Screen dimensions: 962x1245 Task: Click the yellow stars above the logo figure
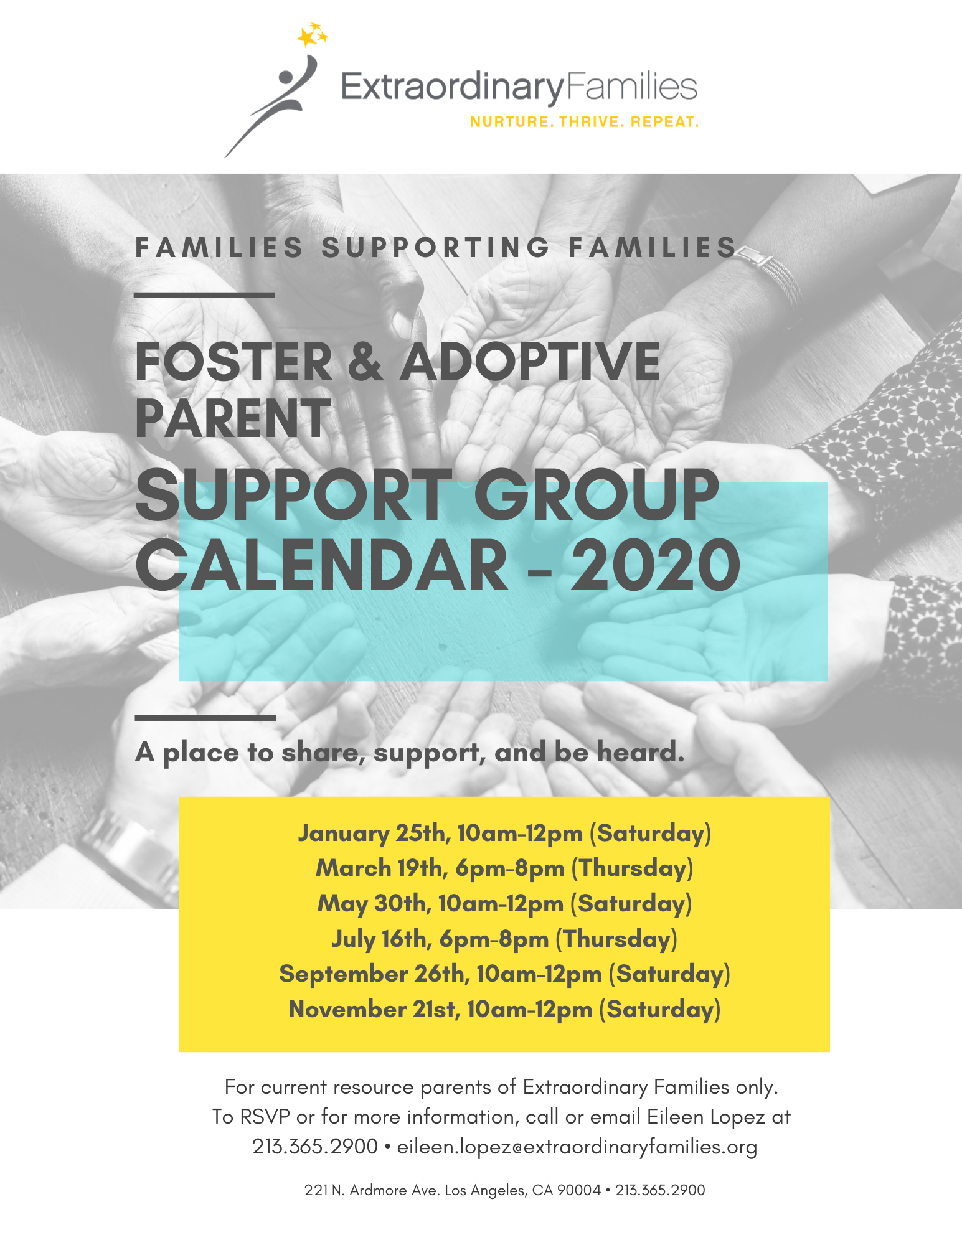(312, 35)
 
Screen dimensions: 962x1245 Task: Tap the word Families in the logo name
(631, 88)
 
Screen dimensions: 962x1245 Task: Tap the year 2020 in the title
(656, 565)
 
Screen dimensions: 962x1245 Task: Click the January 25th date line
(504, 833)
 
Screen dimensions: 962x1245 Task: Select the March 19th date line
(504, 868)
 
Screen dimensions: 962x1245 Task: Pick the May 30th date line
(504, 903)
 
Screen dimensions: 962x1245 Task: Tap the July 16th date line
(504, 939)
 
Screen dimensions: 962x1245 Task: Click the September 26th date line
(504, 974)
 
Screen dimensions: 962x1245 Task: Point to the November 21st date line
(504, 1009)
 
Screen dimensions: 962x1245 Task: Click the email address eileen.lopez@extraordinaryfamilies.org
(577, 1147)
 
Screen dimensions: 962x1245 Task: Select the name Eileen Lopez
(705, 1117)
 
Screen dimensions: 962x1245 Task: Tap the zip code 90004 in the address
(578, 1190)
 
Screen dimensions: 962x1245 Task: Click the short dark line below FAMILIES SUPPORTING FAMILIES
(204, 295)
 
